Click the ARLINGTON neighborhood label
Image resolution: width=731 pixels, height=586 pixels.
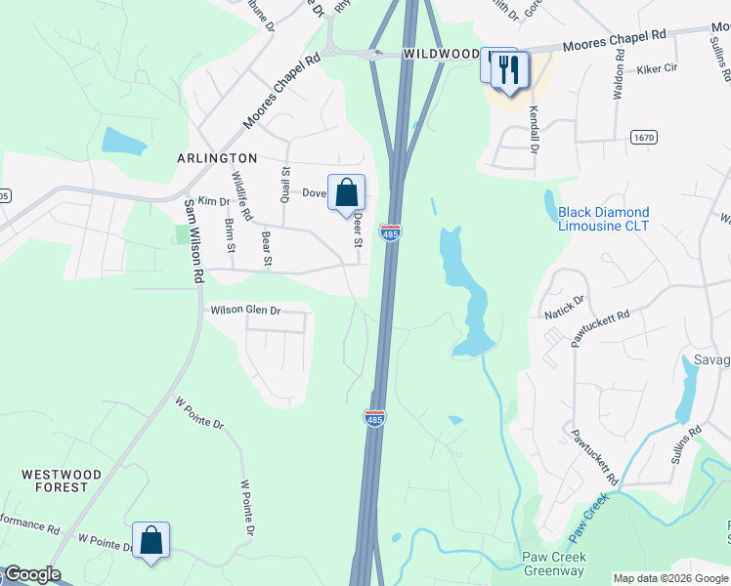pos(217,157)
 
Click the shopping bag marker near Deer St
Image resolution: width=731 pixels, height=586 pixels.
pos(346,192)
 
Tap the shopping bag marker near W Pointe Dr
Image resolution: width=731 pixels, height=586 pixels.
pos(151,540)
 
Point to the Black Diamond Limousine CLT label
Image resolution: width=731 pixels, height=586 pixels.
pos(603,219)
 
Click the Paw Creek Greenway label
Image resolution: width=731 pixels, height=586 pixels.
pos(553,564)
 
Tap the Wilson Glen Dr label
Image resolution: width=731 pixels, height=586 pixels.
pos(245,311)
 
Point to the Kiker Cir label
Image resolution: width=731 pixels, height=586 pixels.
pos(657,69)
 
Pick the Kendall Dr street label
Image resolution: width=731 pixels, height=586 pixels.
pos(535,129)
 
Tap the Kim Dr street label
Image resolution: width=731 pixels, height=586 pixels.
pos(213,201)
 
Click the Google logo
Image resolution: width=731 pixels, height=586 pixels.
pos(31,574)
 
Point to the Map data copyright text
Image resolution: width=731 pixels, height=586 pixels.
pos(670,578)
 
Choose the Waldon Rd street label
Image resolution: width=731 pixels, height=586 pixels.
pos(617,77)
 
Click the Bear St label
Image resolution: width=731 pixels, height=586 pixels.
pos(266,247)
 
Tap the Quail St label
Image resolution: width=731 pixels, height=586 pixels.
pos(286,183)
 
